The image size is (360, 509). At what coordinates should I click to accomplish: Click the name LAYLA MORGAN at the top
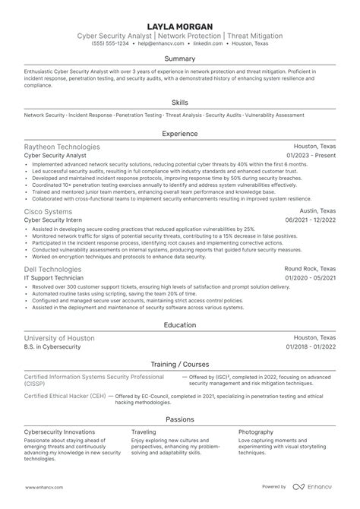pyautogui.click(x=180, y=25)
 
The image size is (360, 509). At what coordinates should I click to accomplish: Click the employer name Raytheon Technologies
pyautogui.click(x=62, y=146)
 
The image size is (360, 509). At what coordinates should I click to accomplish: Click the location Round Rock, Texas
pyautogui.click(x=310, y=269)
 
